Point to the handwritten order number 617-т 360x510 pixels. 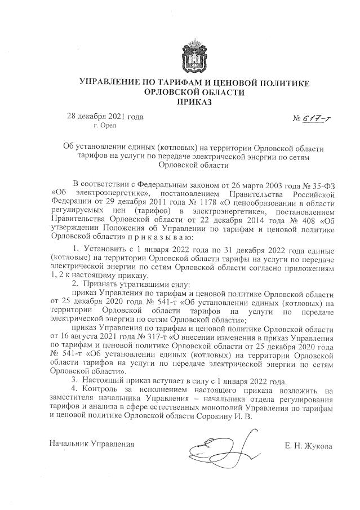(304, 118)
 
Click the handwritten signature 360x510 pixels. (223, 447)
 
